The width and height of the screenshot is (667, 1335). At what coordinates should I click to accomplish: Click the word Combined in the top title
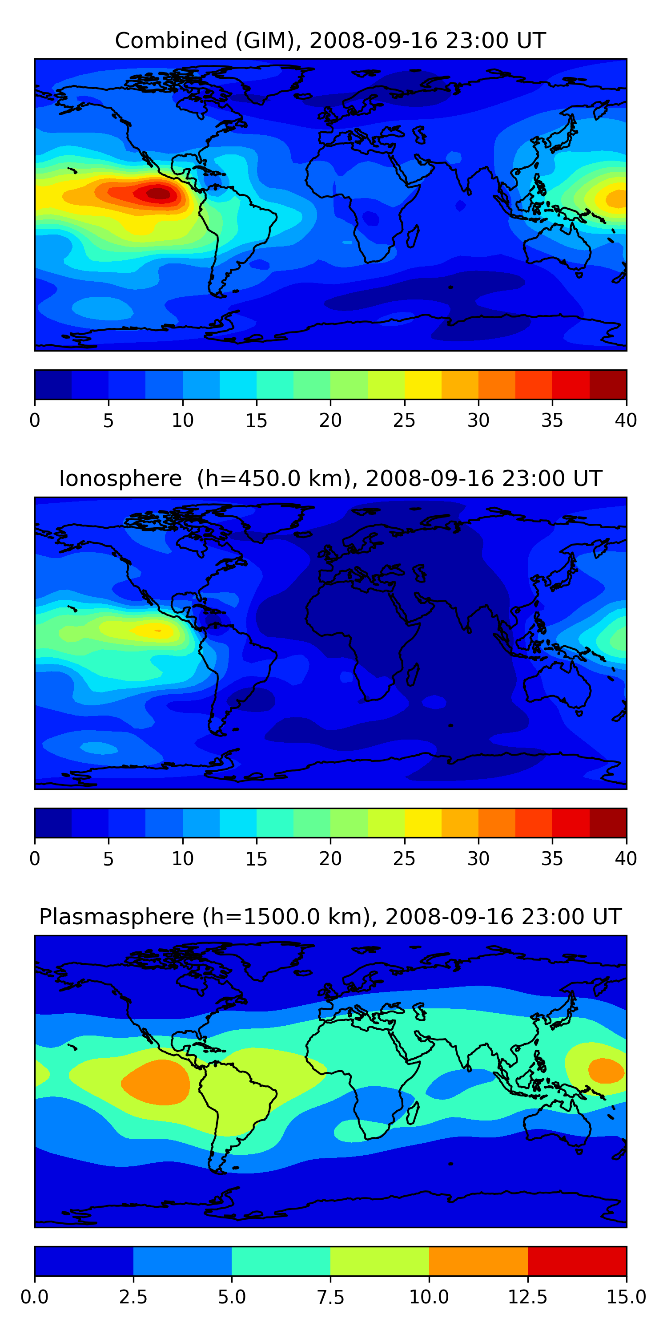pyautogui.click(x=171, y=40)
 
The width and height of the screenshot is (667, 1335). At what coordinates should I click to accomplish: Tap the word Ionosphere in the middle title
pyautogui.click(x=120, y=478)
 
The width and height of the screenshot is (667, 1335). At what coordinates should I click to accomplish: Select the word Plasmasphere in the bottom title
pyautogui.click(x=117, y=917)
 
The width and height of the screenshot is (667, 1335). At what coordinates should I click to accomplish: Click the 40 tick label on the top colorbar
pyautogui.click(x=626, y=420)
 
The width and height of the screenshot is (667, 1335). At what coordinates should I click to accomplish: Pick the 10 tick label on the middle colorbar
pyautogui.click(x=182, y=859)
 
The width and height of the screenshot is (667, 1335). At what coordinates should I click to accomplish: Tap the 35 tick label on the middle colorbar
pyautogui.click(x=552, y=859)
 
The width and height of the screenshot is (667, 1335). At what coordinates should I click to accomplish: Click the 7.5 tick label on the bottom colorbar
pyautogui.click(x=330, y=1297)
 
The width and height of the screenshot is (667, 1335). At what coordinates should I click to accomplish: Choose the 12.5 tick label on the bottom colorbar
pyautogui.click(x=527, y=1297)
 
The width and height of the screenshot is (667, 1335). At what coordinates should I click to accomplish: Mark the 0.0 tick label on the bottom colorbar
pyautogui.click(x=35, y=1297)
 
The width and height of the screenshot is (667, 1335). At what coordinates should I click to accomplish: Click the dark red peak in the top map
pyautogui.click(x=158, y=193)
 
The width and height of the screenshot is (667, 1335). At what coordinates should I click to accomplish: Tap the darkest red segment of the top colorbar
pyautogui.click(x=608, y=384)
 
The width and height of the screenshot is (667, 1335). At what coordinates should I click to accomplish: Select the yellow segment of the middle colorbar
pyautogui.click(x=422, y=823)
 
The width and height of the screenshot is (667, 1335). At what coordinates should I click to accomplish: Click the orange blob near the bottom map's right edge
pyautogui.click(x=606, y=1071)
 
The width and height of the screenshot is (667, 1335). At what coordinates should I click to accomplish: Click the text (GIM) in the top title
pyautogui.click(x=268, y=40)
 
